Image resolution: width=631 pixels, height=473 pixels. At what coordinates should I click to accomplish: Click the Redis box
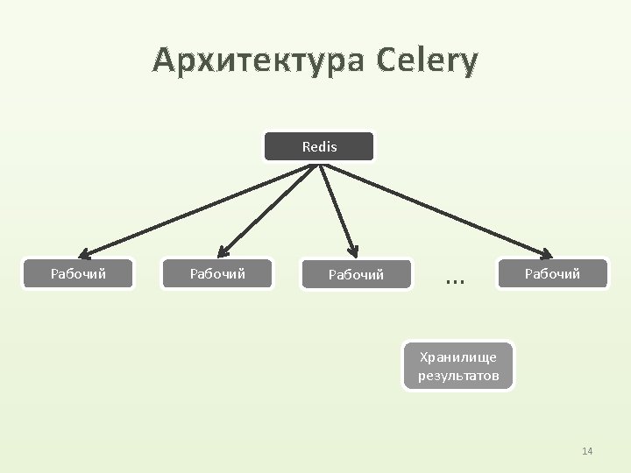[x=319, y=147]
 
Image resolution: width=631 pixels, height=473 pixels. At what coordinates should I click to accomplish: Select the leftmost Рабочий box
[x=79, y=274]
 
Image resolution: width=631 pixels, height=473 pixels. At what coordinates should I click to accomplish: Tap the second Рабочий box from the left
[x=218, y=274]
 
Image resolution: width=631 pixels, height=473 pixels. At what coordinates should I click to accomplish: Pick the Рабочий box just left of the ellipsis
[x=356, y=275]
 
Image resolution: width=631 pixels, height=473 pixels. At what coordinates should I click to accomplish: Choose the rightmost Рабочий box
[x=552, y=274]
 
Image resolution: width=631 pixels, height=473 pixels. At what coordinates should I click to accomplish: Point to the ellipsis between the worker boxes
[x=454, y=279]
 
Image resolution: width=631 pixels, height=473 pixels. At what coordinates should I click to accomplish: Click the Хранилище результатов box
[x=458, y=366]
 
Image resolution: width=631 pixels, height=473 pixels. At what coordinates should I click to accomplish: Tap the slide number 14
[x=587, y=451]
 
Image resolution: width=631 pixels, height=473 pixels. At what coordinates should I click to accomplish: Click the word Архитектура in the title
[x=259, y=61]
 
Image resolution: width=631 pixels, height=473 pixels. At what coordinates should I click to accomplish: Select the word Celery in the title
[x=429, y=61]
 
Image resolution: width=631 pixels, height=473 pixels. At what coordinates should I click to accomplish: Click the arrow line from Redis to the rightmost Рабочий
[x=438, y=210]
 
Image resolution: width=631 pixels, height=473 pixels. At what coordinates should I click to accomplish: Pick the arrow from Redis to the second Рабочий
[x=267, y=209]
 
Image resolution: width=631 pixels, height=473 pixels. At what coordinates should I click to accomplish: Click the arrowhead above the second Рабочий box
[x=221, y=252]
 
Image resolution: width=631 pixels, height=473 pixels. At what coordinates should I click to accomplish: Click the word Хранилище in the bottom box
[x=458, y=357]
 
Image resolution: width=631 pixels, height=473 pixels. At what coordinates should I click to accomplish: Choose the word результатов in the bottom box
[x=458, y=376]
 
